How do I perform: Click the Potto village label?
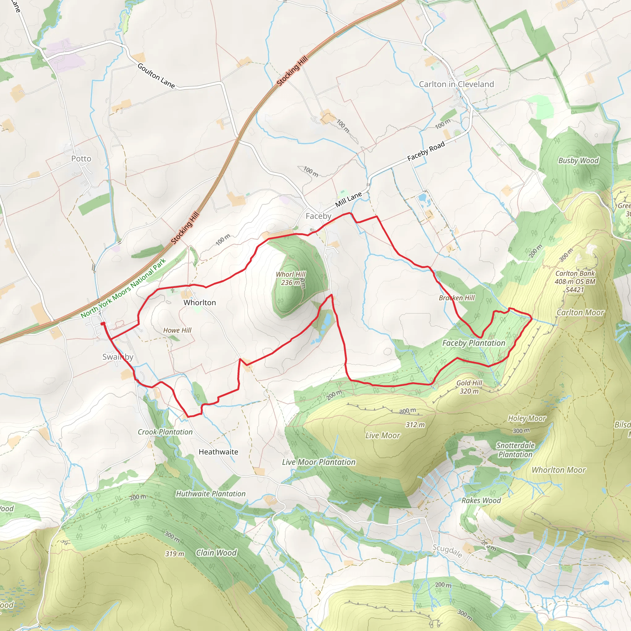(81, 159)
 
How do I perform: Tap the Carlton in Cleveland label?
(456, 84)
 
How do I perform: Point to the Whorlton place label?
(200, 303)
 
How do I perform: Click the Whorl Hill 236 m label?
(290, 278)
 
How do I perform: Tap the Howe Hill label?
(177, 331)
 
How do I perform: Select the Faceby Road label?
(426, 151)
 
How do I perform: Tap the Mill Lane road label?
(348, 199)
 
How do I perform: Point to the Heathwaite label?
(218, 452)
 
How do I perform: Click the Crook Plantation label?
(165, 432)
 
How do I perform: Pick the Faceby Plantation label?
(474, 343)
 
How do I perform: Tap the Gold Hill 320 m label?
(469, 387)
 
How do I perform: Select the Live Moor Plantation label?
(319, 462)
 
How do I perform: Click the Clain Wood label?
(216, 553)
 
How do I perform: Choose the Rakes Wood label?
(481, 501)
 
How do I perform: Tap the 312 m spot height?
(415, 425)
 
